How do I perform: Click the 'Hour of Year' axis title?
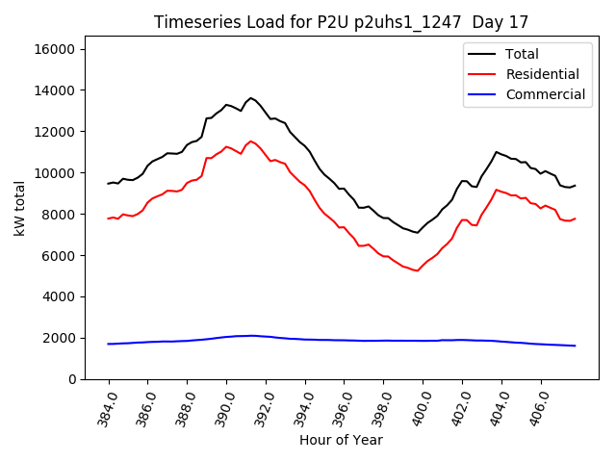point(341,440)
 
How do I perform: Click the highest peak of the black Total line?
point(251,98)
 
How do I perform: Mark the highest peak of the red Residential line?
point(251,141)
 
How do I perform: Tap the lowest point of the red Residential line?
point(417,270)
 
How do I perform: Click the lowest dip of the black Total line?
point(417,233)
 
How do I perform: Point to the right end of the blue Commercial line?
point(575,346)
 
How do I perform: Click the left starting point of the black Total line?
point(108,183)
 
